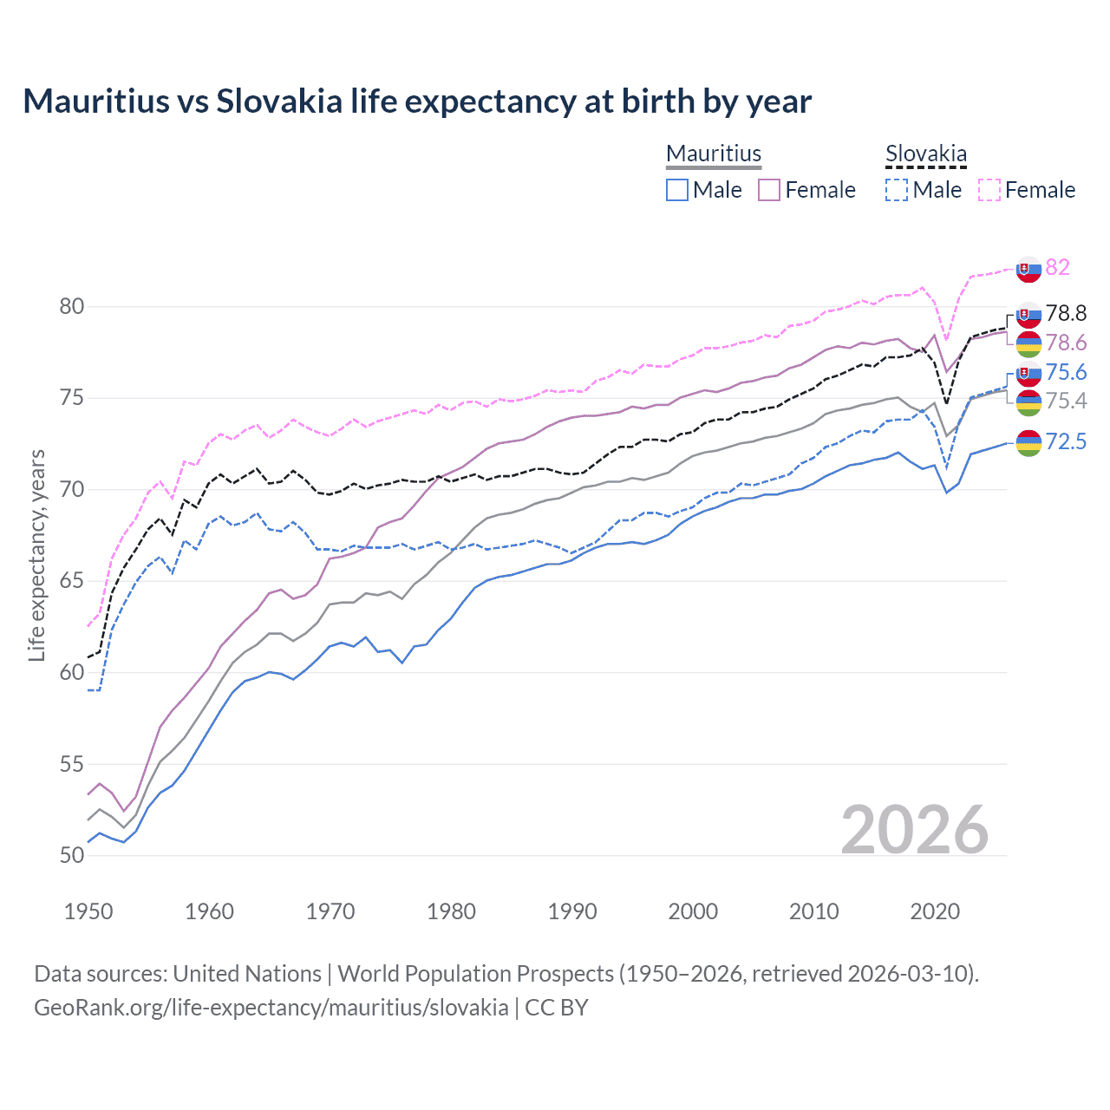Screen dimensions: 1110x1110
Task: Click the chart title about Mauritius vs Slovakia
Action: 417,101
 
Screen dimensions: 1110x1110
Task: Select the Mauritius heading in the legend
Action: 714,153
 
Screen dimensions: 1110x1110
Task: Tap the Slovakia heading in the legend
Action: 925,153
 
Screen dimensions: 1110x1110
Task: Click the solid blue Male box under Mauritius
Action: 677,190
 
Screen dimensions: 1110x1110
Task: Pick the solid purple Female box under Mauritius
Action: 769,190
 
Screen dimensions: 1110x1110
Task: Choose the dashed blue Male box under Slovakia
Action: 897,190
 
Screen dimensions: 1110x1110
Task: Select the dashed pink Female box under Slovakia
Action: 989,190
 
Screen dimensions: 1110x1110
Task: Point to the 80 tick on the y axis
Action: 72,306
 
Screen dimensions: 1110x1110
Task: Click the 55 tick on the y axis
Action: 72,764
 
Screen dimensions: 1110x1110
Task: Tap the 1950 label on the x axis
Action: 88,911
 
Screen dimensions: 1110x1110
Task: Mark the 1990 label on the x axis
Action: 572,911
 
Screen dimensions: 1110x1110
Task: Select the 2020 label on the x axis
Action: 935,911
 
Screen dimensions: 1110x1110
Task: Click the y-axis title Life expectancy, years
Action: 37,555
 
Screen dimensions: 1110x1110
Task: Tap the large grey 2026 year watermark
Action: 915,830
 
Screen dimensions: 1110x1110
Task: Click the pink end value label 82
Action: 1057,267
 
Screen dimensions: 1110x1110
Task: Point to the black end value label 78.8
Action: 1066,313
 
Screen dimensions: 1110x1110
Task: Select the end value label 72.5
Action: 1066,442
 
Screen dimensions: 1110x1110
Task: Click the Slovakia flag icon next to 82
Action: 1028,269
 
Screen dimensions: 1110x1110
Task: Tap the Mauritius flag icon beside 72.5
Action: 1028,443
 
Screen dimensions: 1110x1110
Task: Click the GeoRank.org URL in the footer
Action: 271,1008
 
